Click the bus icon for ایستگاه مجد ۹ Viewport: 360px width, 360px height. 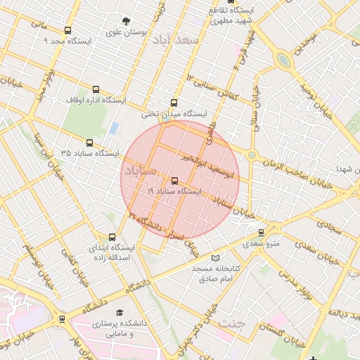[67, 30]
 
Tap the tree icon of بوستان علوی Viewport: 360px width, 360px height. [126, 21]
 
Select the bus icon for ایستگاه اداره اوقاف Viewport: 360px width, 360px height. [96, 89]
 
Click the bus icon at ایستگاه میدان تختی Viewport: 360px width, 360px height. [174, 102]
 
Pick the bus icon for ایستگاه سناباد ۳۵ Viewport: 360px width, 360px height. [89, 143]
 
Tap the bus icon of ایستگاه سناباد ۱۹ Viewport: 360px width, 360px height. [174, 181]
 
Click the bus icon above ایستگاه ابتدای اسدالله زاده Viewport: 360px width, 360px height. [112, 237]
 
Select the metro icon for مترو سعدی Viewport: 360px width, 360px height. [261, 232]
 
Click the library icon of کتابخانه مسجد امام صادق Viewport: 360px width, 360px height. [215, 258]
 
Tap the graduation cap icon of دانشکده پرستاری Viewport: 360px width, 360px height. [120, 312]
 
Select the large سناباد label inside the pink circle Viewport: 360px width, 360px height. [141, 171]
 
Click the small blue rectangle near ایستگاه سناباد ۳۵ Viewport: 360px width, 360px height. [113, 129]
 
